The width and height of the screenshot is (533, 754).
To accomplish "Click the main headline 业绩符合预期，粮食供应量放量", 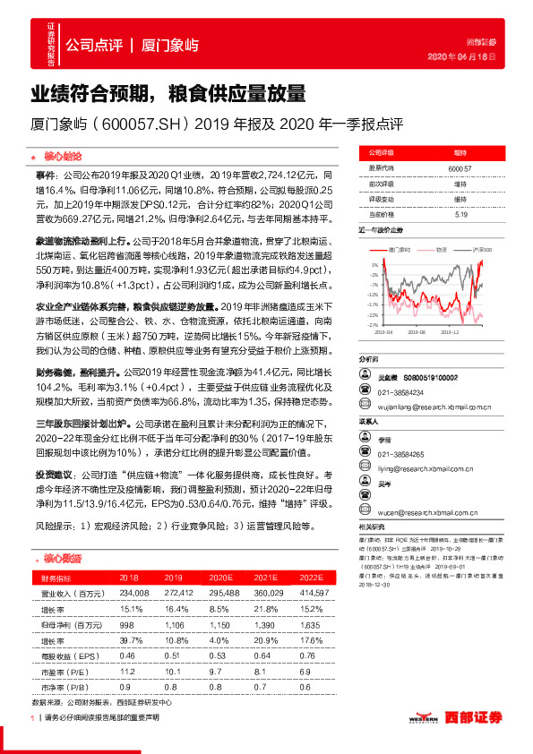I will click(x=168, y=92).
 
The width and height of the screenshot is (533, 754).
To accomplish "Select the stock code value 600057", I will click(x=460, y=167).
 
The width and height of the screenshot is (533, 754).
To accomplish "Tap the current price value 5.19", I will click(x=460, y=214).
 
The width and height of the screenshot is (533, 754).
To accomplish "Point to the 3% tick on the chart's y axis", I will click(x=372, y=264).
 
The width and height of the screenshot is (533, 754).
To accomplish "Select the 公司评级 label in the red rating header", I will click(x=382, y=152).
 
